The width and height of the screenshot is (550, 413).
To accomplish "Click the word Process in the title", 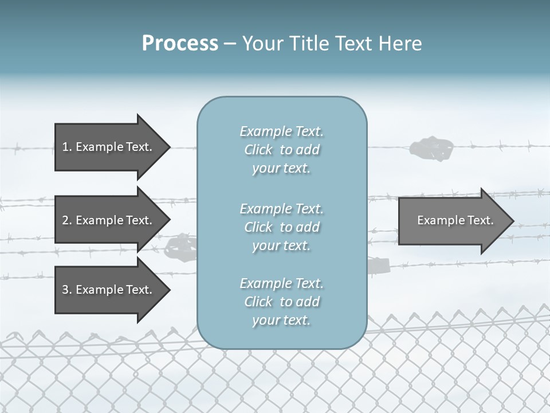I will click(180, 44).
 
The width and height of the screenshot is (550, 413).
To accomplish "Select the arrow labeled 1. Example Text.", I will click(109, 147).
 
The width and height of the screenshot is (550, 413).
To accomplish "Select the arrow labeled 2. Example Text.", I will click(109, 220).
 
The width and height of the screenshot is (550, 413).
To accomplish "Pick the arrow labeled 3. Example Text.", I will click(109, 290).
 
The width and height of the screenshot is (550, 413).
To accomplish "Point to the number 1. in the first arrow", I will click(67, 147).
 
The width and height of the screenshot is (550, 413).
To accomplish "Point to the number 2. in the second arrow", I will click(67, 220).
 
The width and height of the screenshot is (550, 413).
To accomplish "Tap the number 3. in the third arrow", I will click(67, 290).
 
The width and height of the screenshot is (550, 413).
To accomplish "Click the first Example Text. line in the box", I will click(281, 131).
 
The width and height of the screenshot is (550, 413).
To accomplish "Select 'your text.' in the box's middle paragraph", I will click(281, 246).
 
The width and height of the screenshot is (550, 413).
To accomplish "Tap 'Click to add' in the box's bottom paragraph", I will click(281, 302).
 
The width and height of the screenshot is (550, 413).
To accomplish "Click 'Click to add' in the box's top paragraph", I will click(281, 150).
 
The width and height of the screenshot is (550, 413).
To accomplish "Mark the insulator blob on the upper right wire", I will click(431, 147).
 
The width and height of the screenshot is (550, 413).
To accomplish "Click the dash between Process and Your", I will click(230, 44).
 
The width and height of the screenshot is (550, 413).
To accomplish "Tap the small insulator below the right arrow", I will click(379, 265).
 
